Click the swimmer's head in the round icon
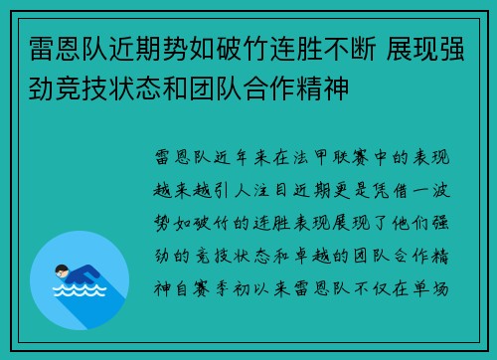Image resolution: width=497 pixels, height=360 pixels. click(63, 269)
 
